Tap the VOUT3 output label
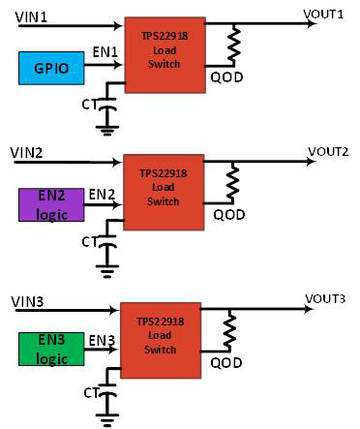(x=324, y=297)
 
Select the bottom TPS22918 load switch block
(x=160, y=338)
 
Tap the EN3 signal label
(x=101, y=341)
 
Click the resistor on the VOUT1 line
(x=232, y=45)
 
